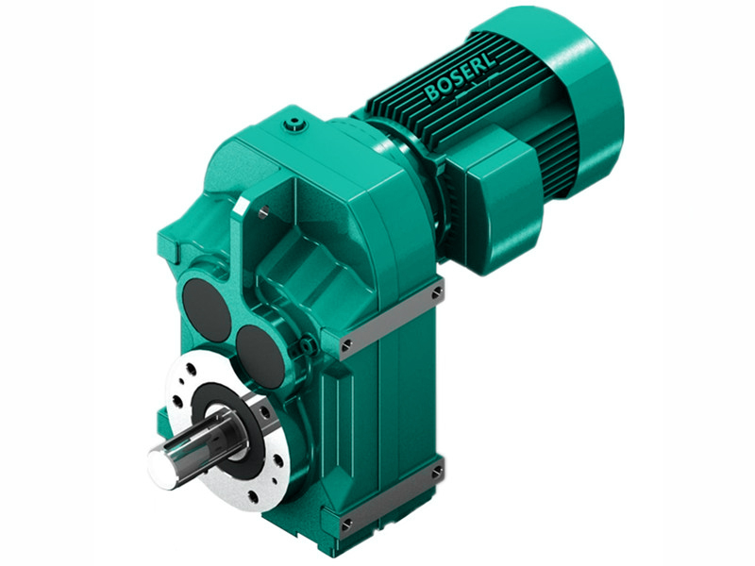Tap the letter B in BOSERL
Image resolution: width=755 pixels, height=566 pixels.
click(433, 96)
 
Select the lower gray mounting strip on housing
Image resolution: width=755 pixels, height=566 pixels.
click(392, 494)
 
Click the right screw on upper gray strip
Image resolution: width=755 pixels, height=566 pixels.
click(437, 293)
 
